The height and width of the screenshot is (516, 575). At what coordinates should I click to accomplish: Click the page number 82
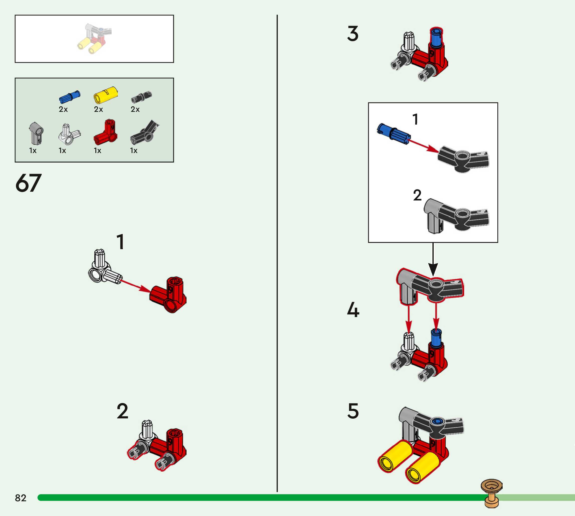(x=20, y=498)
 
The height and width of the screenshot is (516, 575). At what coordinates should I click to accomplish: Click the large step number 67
(x=28, y=183)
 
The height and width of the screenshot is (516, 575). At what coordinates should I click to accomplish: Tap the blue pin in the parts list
(x=69, y=97)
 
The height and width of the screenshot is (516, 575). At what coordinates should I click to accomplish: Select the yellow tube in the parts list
(x=105, y=95)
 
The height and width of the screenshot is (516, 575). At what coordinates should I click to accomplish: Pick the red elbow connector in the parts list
(x=105, y=132)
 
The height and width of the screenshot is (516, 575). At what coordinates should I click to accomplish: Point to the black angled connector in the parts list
(x=145, y=132)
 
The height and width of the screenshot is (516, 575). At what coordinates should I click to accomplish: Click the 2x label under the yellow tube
(x=98, y=109)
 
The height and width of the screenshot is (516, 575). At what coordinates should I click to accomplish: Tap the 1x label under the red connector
(x=98, y=151)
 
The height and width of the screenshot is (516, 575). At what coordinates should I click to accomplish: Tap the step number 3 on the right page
(x=353, y=34)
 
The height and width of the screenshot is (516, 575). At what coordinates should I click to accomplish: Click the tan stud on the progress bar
(x=492, y=493)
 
